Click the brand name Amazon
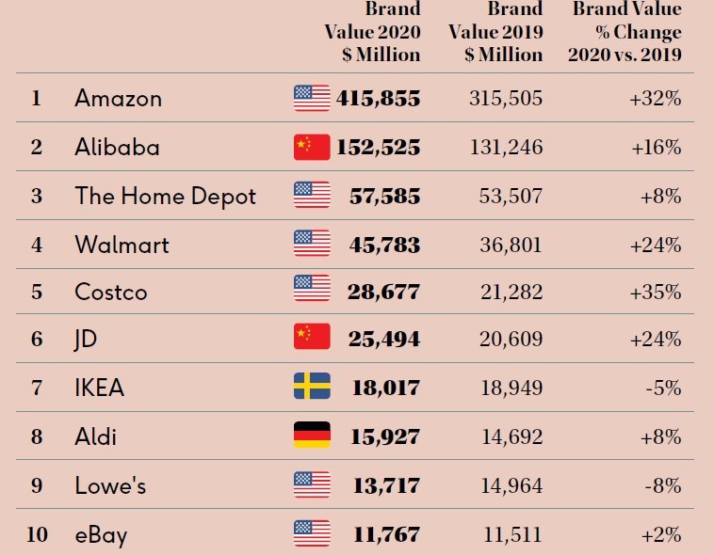[118, 98]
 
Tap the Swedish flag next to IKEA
[312, 386]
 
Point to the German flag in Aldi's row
[312, 435]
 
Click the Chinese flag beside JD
[312, 337]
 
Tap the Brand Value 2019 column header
[496, 33]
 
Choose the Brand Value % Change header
[625, 33]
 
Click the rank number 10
[37, 535]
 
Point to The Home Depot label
[165, 196]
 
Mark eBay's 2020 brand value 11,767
[387, 535]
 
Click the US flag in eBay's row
[312, 533]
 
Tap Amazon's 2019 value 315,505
[506, 98]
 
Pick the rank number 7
[37, 388]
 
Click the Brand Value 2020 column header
[373, 33]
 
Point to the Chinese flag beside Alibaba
[312, 147]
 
